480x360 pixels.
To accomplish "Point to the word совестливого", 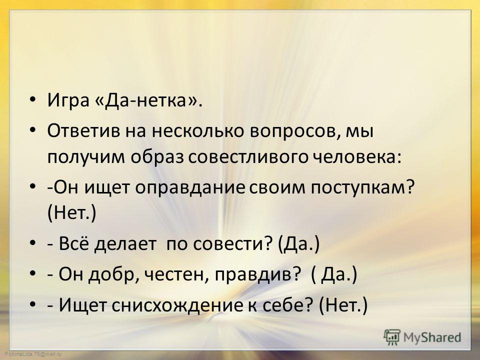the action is point(248,157).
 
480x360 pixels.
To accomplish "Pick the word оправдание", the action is point(190,187).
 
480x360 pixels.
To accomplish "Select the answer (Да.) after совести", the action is point(299,244).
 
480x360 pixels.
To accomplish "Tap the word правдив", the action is point(256,275).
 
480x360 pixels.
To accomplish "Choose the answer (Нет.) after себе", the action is point(343,305).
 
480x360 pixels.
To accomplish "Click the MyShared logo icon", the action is point(392,337).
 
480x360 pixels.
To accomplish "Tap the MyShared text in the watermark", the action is point(432,337).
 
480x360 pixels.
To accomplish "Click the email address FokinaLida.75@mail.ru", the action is point(33,354).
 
